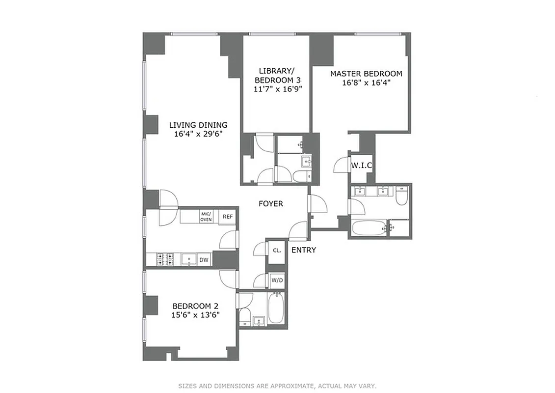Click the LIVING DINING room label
tap(198, 125)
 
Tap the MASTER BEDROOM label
tap(366, 74)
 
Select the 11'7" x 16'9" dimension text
tap(277, 89)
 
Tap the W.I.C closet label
tap(361, 166)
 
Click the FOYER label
tap(271, 203)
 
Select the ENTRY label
tap(303, 250)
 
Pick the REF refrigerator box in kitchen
tap(227, 217)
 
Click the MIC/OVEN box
tap(206, 217)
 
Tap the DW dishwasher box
tap(204, 259)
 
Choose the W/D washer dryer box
tap(277, 281)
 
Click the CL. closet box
tap(277, 250)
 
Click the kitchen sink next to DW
tap(189, 259)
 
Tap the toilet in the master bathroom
tap(401, 196)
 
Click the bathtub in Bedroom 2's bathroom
tap(276, 308)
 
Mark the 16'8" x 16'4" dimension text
tap(366, 83)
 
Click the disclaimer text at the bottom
tap(277, 386)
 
